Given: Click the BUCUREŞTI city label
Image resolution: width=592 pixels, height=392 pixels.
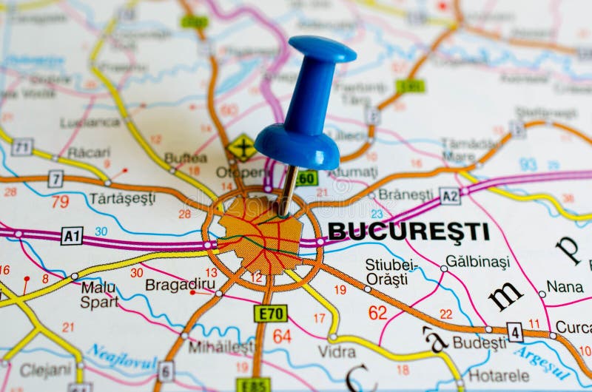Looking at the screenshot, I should (408, 232).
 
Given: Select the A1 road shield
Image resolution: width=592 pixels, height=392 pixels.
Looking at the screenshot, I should (72, 236).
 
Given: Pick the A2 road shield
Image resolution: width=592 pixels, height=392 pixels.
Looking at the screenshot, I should (449, 196).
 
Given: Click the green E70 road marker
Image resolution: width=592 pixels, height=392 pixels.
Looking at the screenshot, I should (270, 314).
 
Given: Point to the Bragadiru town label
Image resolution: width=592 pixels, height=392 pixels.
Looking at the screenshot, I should (181, 285).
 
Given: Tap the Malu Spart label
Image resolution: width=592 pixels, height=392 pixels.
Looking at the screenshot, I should (99, 294).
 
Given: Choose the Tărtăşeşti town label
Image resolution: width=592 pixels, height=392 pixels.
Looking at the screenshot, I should (122, 198).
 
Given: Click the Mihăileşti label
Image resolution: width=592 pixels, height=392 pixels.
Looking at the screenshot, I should (221, 346).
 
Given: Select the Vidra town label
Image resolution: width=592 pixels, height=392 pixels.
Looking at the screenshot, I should (337, 351).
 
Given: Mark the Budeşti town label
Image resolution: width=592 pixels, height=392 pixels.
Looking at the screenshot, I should (479, 342).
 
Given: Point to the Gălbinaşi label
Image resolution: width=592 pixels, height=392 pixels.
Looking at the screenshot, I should (479, 262).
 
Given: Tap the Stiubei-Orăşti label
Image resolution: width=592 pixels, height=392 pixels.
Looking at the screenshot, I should (391, 272).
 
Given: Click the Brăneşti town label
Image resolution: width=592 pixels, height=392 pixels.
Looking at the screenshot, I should (406, 195).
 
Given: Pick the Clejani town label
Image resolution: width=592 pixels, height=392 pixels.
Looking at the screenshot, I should (45, 370).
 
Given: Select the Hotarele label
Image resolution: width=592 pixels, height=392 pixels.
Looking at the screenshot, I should (499, 376).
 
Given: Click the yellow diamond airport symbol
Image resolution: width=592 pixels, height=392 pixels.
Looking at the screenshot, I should (241, 148).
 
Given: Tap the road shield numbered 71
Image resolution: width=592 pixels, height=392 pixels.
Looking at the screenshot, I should (21, 146).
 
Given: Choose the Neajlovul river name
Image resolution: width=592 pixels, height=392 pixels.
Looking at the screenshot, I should (123, 360).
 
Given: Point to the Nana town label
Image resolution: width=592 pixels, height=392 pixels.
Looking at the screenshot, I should (565, 286).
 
